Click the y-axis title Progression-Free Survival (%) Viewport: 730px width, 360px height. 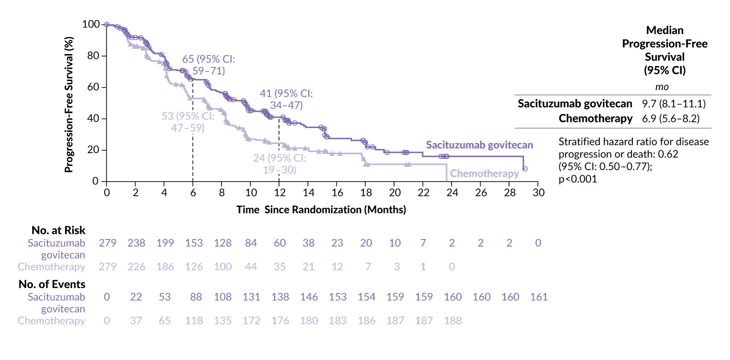click(x=69, y=102)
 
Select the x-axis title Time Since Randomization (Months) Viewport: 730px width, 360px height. click(x=321, y=210)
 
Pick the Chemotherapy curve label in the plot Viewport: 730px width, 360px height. click(x=484, y=174)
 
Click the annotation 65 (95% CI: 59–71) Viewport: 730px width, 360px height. click(x=209, y=65)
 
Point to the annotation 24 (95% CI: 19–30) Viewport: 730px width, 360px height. click(x=279, y=164)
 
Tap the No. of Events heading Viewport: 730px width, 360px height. click(x=52, y=285)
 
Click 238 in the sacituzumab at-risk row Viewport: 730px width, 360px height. click(x=136, y=243)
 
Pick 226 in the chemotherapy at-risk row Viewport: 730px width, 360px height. click(x=136, y=267)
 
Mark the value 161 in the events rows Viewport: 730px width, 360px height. click(x=538, y=297)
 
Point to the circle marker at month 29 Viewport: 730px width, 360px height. click(x=525, y=169)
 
